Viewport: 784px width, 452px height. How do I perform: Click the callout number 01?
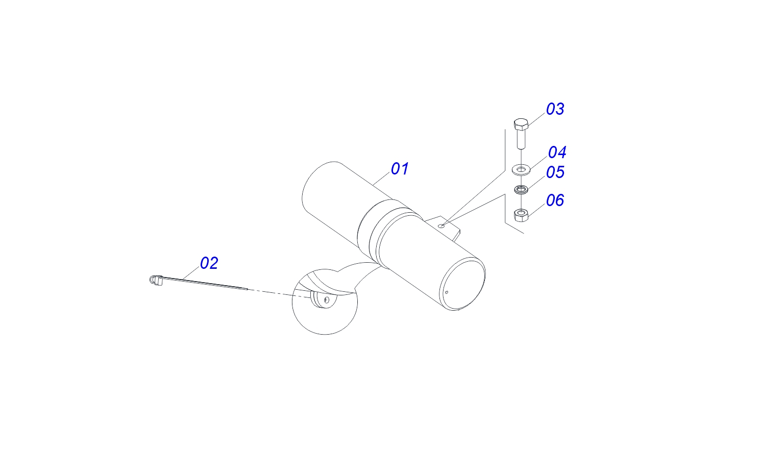[400, 169]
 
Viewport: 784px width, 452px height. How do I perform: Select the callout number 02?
[209, 263]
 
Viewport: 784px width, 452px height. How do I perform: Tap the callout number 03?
[555, 109]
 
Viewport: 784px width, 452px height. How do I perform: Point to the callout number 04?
[557, 152]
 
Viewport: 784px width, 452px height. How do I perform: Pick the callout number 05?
[555, 172]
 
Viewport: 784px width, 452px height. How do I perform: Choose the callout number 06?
[555, 200]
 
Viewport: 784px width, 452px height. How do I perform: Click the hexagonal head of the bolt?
[521, 124]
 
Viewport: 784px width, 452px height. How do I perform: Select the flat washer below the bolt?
[522, 169]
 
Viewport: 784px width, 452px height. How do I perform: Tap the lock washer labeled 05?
[521, 190]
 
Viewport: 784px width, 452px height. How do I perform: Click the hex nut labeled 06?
[521, 215]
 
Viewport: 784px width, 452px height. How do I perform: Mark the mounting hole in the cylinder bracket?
[442, 225]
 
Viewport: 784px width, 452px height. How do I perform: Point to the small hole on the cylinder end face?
[447, 292]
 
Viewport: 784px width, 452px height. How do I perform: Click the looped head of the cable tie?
[152, 280]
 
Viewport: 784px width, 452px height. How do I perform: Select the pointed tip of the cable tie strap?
[247, 289]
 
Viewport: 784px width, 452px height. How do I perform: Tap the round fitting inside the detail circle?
[324, 300]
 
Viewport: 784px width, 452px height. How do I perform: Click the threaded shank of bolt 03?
[521, 139]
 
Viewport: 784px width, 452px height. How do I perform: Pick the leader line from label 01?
[381, 179]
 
